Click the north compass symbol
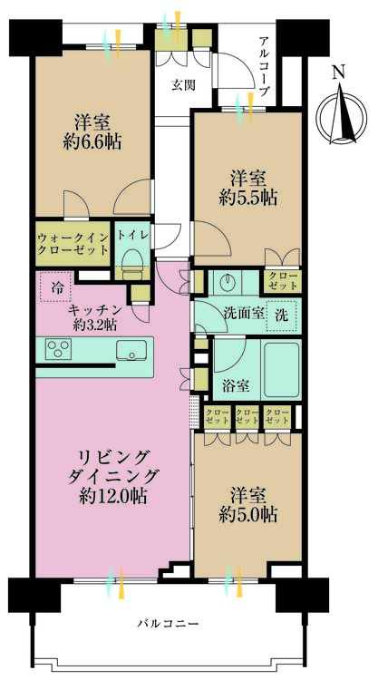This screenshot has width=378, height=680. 341,116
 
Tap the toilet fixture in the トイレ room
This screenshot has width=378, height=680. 131,266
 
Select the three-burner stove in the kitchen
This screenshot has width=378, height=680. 59,349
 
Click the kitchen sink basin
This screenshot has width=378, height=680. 131,350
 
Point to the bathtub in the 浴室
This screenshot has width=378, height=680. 282,370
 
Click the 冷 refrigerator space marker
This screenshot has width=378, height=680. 55,287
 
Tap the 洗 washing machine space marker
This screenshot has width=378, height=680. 282,316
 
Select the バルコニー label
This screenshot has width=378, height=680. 169,624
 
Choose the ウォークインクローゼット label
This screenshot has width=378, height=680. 73,244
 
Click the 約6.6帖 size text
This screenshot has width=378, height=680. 92,142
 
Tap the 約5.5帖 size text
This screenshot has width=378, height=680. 248,199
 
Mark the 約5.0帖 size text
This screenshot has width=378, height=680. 248,515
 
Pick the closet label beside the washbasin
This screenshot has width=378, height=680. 282,281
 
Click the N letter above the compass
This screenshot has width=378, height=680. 339,73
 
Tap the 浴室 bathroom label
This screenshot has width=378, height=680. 237,386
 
